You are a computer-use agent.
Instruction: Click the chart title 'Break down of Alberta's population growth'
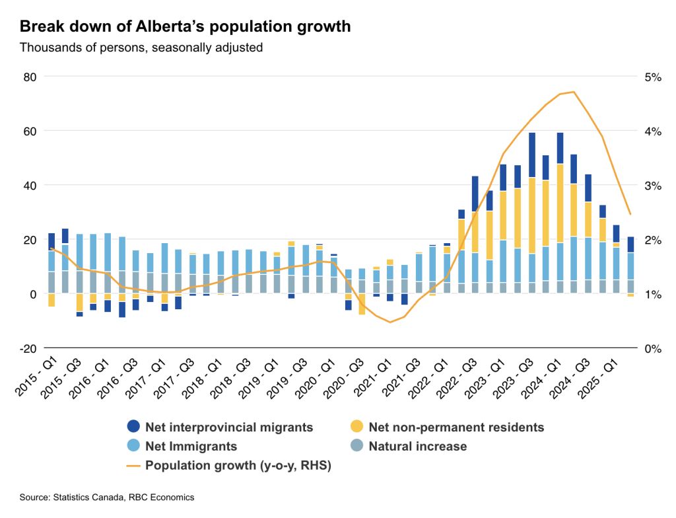185,27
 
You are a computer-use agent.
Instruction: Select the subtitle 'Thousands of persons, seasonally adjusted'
141,48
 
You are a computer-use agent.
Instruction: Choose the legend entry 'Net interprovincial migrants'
229,427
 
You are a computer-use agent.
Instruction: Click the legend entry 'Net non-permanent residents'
456,427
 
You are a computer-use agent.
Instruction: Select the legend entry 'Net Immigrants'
191,447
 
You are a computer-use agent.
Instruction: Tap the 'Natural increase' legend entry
417,447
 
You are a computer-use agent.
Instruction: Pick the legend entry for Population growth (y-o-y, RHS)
238,466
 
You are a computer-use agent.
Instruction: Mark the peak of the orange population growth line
574,92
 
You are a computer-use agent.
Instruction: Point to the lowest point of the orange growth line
390,322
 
